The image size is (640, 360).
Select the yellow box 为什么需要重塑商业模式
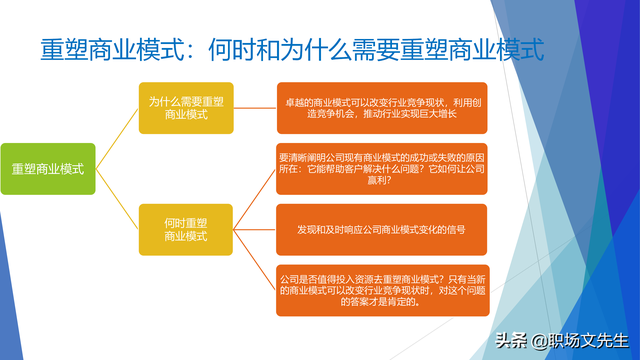[186, 108]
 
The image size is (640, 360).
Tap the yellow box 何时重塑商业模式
[186, 229]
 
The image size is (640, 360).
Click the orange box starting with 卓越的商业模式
[381, 108]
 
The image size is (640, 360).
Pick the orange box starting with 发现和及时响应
[381, 229]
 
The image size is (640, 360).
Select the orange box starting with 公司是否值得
[381, 289]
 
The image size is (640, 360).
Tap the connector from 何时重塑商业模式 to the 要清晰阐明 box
[255, 198]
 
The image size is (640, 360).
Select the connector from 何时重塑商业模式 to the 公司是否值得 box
[255, 260]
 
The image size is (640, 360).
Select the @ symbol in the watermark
[540, 341]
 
